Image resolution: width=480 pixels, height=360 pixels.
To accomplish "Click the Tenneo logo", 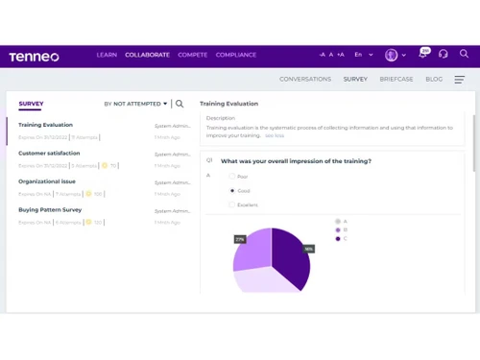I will (34, 56).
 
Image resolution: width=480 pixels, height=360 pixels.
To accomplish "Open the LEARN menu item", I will (107, 55).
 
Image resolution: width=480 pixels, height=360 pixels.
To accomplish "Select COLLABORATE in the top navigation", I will (147, 55).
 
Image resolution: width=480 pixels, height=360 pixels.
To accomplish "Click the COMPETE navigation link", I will (192, 55).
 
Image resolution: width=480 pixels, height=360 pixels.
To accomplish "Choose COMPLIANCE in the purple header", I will (236, 55).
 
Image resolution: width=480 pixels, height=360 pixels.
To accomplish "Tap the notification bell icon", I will (422, 55).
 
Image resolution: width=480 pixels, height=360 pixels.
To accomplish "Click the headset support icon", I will (443, 55).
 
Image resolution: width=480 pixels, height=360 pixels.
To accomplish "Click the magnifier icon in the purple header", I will (464, 55).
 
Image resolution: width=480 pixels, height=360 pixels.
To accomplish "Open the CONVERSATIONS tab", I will (304, 79).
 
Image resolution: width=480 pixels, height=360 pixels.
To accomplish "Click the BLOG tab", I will (434, 79).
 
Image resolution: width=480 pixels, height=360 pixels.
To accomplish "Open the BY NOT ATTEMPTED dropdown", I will (135, 104).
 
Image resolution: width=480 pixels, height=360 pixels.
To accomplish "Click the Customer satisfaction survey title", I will (49, 154).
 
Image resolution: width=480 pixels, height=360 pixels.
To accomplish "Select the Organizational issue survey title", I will (47, 181).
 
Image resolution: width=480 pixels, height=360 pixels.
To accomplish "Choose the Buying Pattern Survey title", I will (50, 209).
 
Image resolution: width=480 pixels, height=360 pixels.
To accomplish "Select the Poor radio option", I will (230, 177).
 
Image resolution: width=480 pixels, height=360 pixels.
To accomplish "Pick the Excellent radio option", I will (230, 204).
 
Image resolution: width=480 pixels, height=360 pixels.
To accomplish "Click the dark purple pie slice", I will (292, 257).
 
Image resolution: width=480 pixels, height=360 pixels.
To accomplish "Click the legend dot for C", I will (337, 239).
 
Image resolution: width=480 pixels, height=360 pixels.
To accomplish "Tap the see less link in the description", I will (275, 135).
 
